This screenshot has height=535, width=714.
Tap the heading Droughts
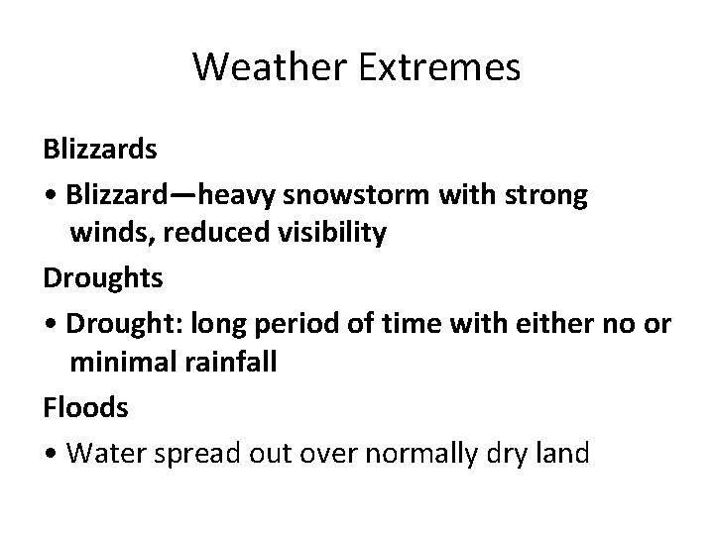tap(103, 278)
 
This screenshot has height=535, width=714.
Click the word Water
tap(102, 454)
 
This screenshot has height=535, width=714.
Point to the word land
tap(563, 454)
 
